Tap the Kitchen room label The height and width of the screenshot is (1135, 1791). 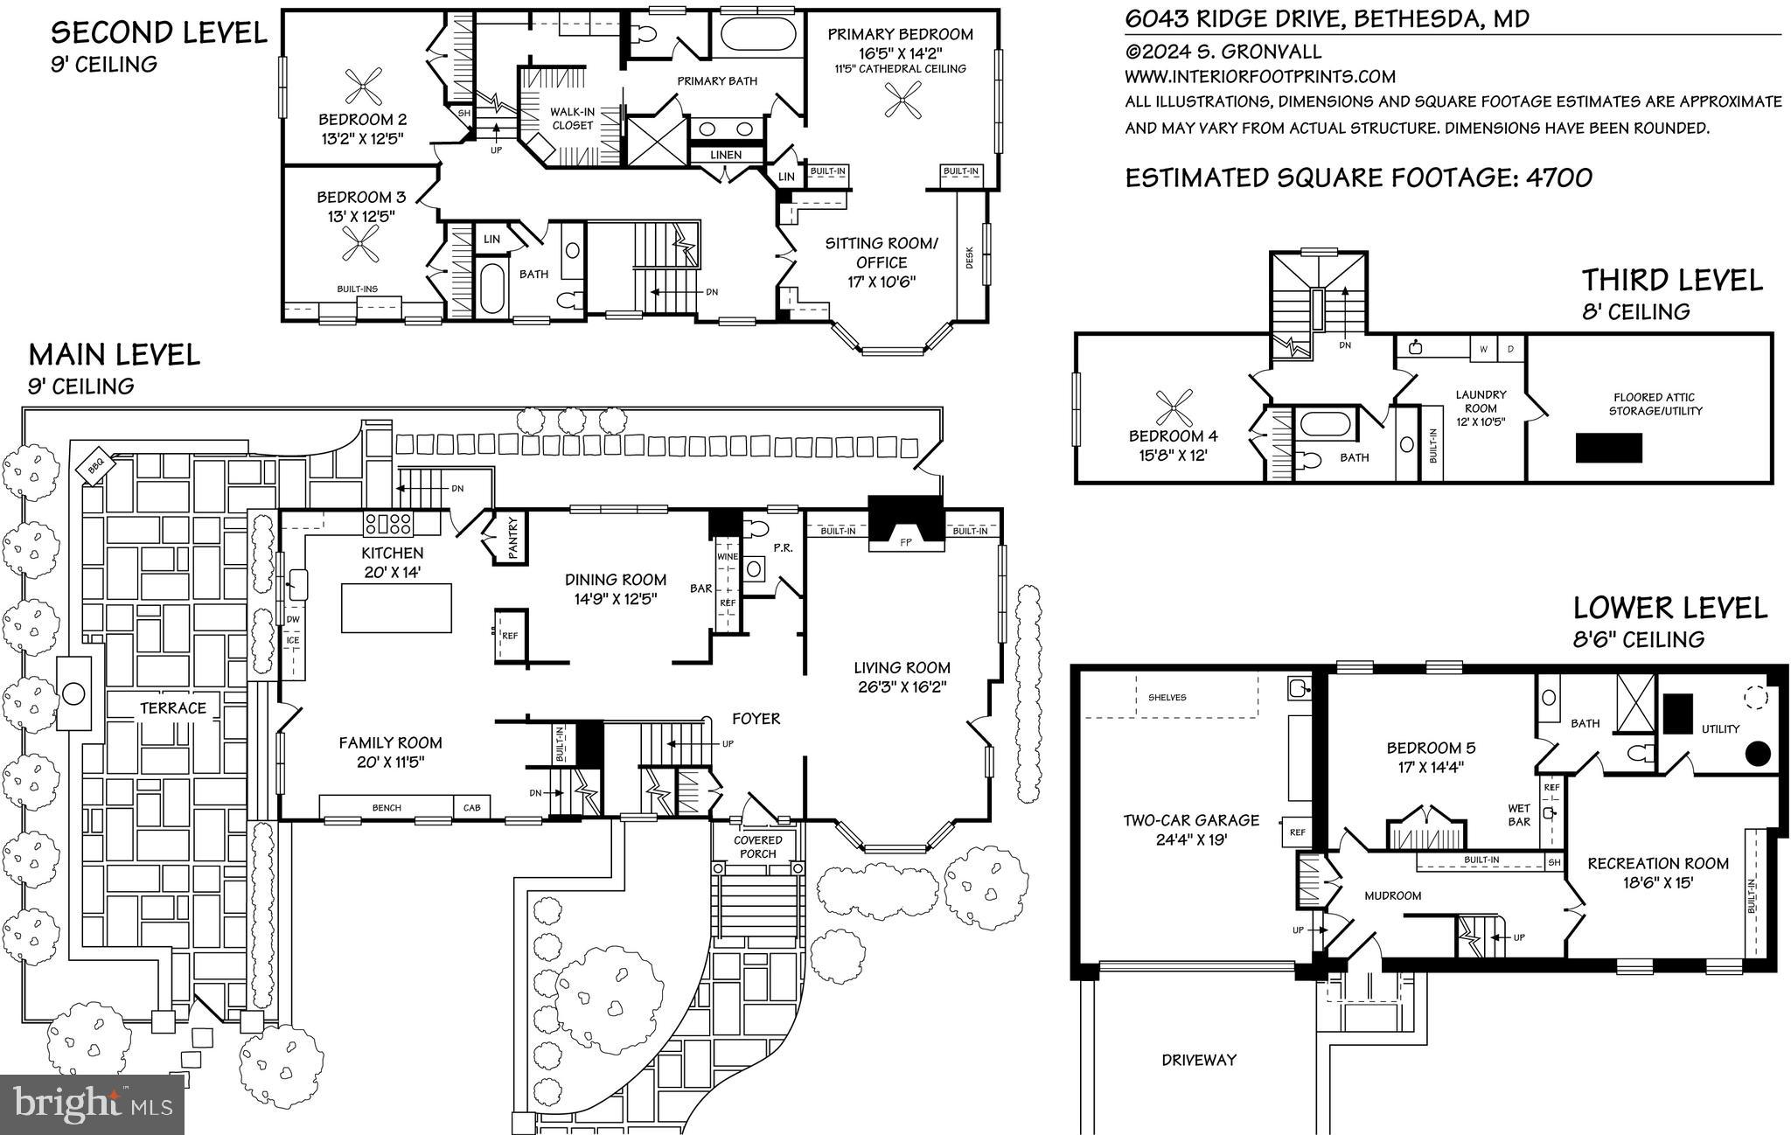point(393,553)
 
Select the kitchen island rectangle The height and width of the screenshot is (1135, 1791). point(397,607)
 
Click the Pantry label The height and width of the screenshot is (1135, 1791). point(512,538)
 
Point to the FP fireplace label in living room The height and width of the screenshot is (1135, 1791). point(906,542)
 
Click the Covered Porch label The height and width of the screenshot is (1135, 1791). point(757,846)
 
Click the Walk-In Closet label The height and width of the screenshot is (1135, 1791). point(572,118)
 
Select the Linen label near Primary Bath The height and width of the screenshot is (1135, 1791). point(725,155)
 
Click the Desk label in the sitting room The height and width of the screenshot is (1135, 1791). point(969,257)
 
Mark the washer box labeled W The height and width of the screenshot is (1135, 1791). point(1483,349)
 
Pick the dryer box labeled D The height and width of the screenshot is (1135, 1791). point(1510,349)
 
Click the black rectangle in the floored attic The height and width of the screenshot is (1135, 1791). point(1608,448)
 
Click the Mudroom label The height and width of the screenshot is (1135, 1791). point(1392,895)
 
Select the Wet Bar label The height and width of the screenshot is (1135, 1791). point(1519,815)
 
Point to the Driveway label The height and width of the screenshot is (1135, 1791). point(1199,1060)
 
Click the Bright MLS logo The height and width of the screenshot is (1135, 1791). point(93,1104)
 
